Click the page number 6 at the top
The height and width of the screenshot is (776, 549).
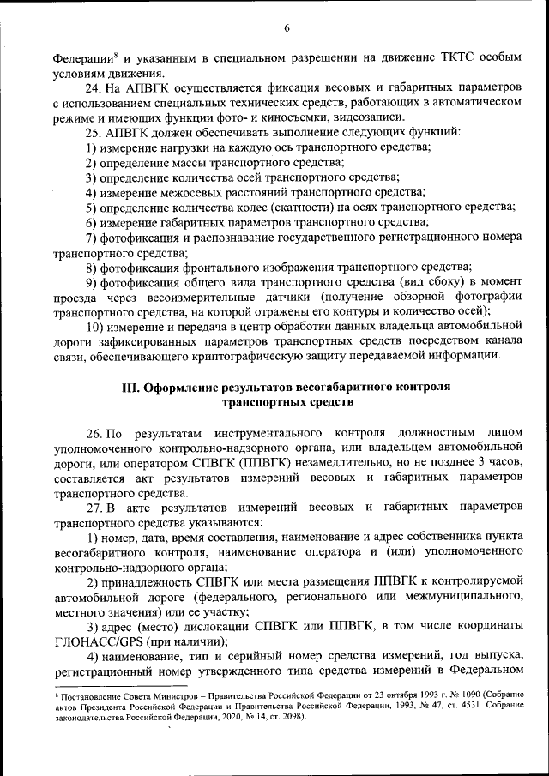pyautogui.click(x=287, y=28)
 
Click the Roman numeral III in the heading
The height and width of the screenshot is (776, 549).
pyautogui.click(x=130, y=387)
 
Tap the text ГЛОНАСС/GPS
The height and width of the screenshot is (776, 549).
pyautogui.click(x=96, y=640)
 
